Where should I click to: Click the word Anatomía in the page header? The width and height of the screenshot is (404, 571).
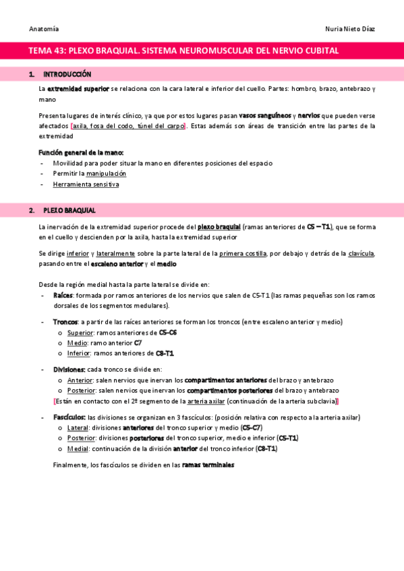44,29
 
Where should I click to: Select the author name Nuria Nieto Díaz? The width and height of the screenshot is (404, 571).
350,29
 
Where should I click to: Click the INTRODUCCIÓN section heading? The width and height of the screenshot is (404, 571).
67,74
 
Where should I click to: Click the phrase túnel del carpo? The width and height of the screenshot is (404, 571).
162,126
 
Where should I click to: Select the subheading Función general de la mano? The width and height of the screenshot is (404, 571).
81,153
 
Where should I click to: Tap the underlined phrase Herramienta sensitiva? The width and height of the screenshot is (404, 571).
86,184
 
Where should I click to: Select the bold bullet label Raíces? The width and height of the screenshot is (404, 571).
63,295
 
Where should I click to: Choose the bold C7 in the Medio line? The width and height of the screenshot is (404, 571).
138,343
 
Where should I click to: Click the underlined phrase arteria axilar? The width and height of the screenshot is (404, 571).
206,401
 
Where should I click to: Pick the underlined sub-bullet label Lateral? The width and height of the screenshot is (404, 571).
78,428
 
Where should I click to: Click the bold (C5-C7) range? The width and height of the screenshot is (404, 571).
251,428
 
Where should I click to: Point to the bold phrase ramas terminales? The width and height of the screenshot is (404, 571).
208,465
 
